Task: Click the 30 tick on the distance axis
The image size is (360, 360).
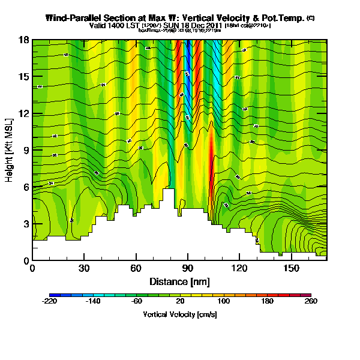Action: point(84,268)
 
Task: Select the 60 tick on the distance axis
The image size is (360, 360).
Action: point(136,268)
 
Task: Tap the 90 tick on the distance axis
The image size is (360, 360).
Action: point(188,268)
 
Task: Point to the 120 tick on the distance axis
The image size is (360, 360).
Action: point(240,268)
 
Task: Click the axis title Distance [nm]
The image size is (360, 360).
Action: point(179,281)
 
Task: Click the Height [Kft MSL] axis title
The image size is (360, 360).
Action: point(10,150)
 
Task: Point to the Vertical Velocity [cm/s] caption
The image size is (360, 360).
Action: point(179,314)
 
